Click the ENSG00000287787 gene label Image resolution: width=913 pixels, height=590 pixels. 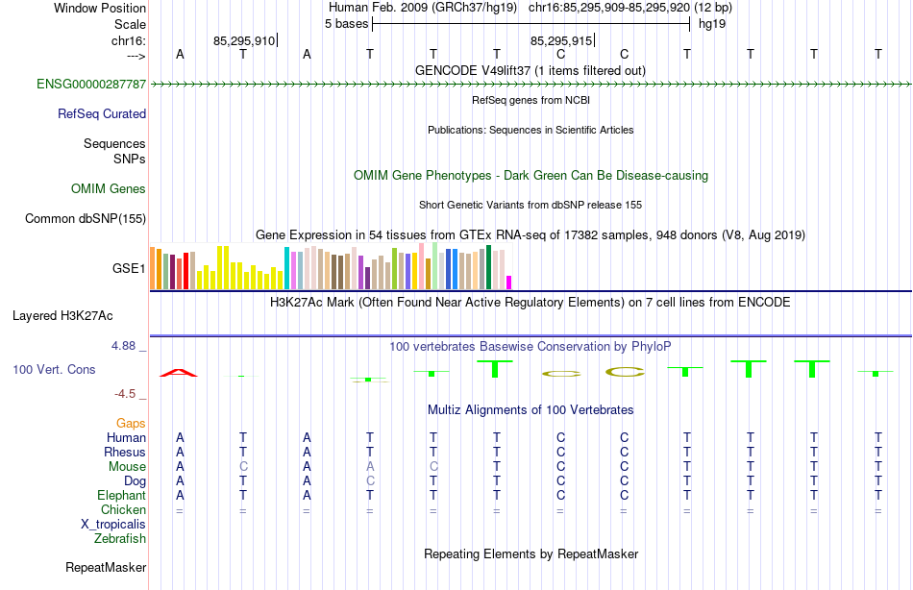(x=91, y=85)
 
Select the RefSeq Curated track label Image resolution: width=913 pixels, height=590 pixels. (x=102, y=113)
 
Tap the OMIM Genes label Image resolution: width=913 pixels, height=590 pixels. (x=109, y=189)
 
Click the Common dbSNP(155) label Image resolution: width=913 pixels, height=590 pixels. (x=86, y=219)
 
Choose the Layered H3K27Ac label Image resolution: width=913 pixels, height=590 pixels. (x=62, y=315)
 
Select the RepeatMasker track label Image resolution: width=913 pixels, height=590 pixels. (x=106, y=568)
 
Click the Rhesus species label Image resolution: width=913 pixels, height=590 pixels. (x=125, y=453)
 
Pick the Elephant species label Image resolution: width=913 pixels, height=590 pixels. (x=121, y=496)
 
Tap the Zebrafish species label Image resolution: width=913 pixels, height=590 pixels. (x=120, y=539)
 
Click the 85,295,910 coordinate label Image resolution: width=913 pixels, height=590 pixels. (x=244, y=41)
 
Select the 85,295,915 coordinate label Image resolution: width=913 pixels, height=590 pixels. (x=561, y=41)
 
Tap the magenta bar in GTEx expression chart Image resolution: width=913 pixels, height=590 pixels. (x=509, y=283)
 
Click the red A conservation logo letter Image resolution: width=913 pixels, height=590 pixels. (x=180, y=372)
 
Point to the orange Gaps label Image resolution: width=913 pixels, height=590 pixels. (x=131, y=424)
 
